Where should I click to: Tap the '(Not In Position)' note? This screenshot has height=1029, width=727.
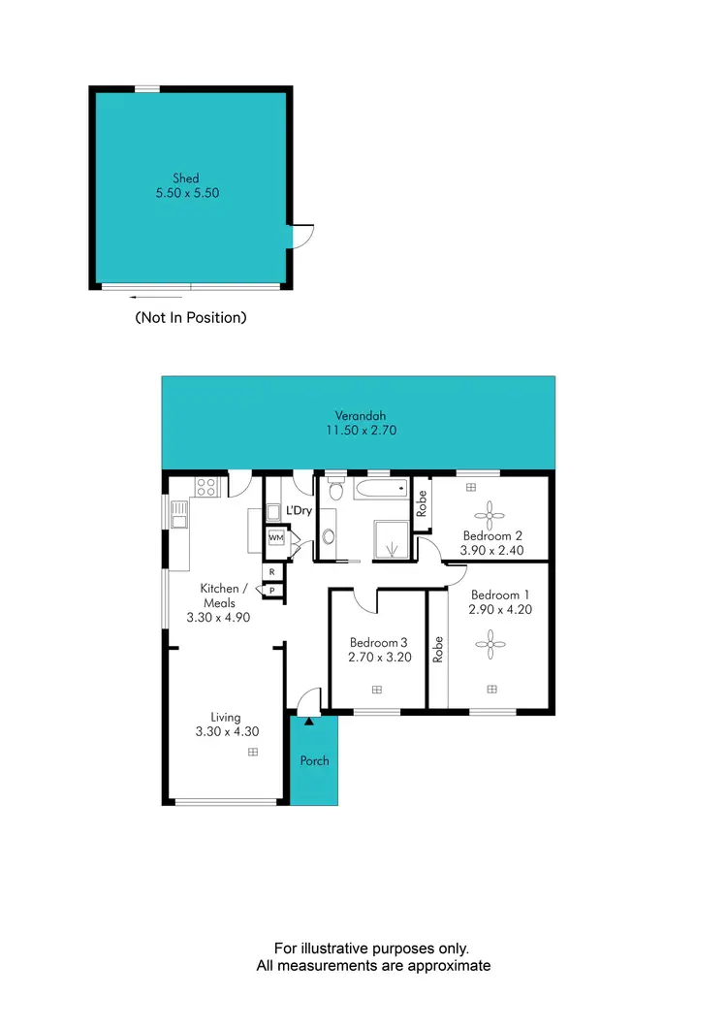[190, 317]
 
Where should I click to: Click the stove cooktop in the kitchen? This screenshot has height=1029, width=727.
[206, 486]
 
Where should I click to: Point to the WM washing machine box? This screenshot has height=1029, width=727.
[275, 537]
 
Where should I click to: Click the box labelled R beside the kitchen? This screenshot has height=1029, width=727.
[272, 572]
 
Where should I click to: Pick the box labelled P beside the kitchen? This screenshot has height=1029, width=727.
[272, 590]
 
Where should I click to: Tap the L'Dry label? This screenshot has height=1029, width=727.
[299, 510]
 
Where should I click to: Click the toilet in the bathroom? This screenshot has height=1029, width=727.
[335, 489]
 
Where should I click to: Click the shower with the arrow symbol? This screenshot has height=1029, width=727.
[393, 541]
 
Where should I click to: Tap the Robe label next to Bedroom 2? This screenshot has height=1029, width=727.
[422, 503]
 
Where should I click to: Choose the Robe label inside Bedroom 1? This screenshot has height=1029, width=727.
[438, 648]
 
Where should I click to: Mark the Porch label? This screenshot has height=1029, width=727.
[314, 760]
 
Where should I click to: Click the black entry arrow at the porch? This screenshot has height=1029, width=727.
[309, 721]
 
